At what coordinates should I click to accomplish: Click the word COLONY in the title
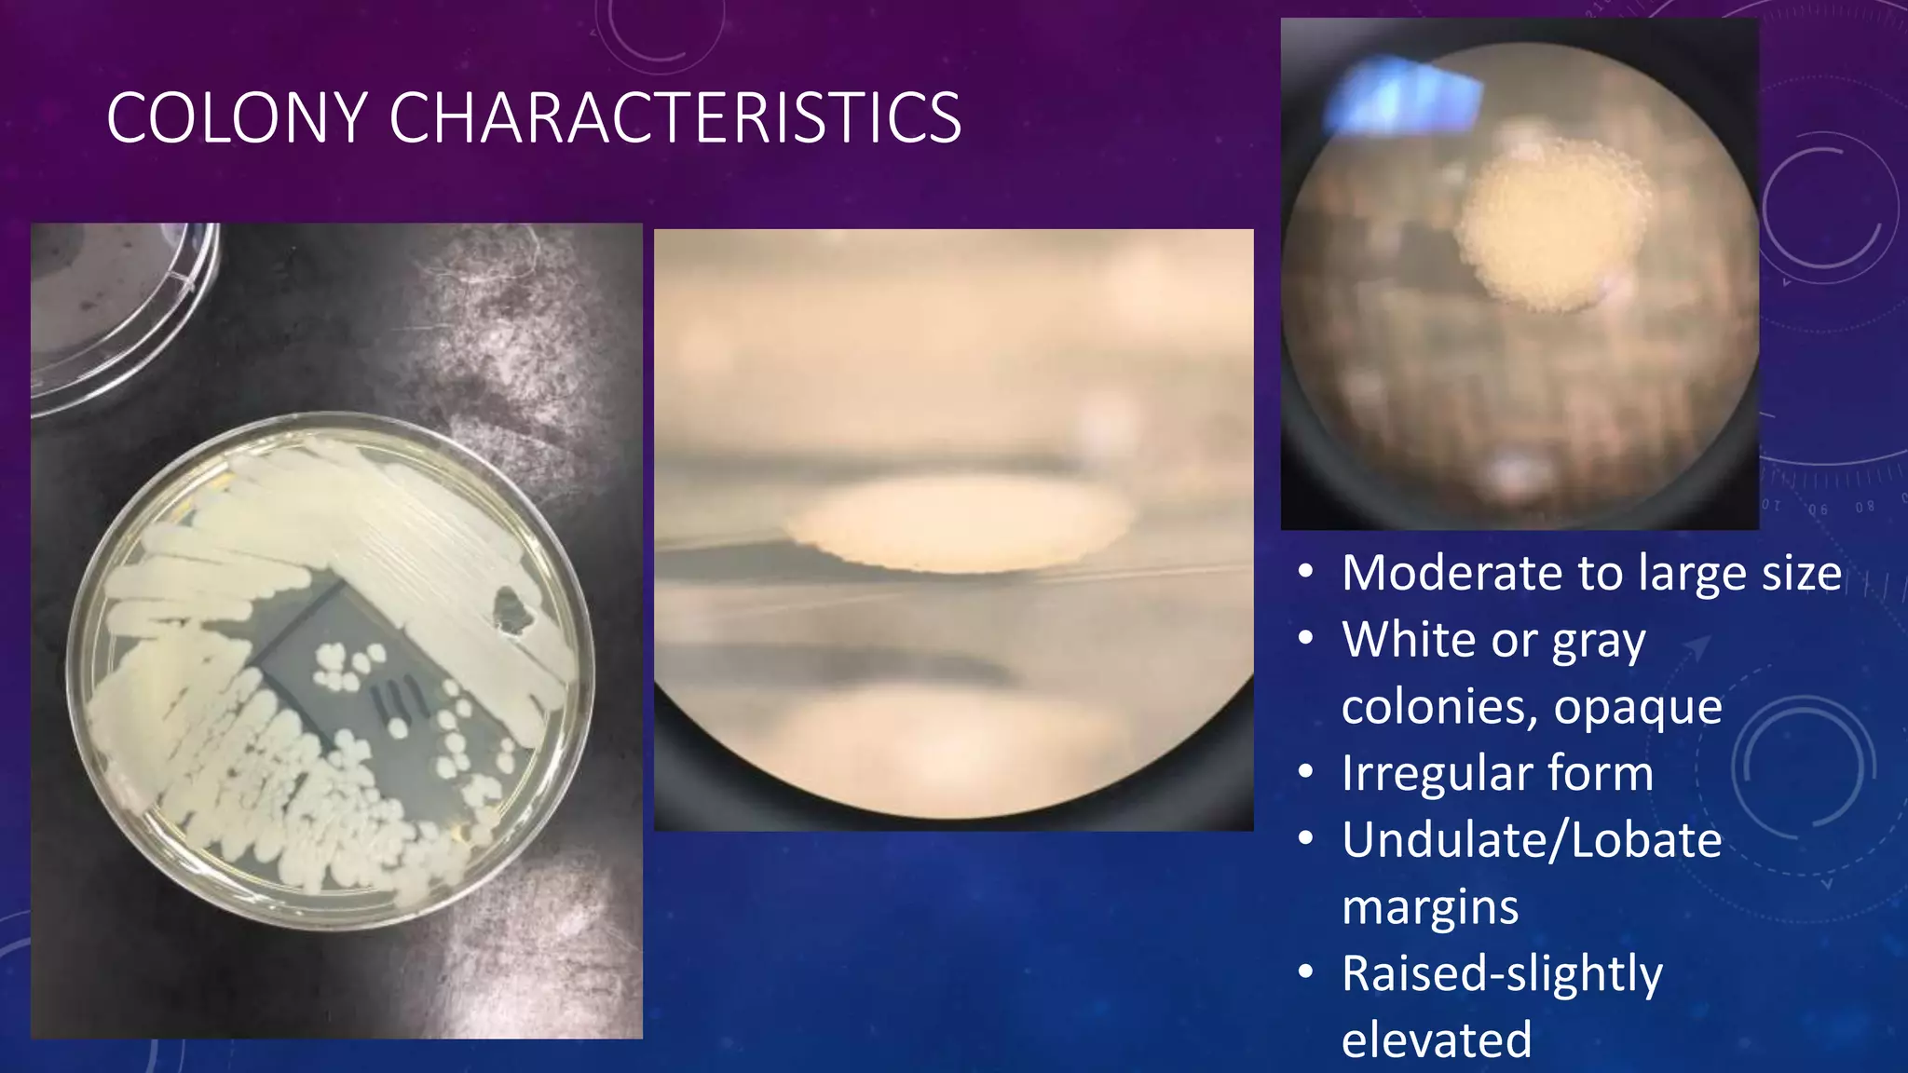click(237, 118)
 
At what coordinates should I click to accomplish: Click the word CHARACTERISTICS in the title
click(675, 118)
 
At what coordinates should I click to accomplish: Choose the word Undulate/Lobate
click(1532, 840)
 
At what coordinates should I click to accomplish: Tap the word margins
click(1430, 907)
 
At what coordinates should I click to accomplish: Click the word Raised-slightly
click(1502, 974)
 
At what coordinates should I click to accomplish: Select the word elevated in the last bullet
click(1437, 1040)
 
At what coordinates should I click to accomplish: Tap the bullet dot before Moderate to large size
click(1306, 572)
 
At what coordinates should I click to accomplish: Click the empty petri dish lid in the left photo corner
click(112, 307)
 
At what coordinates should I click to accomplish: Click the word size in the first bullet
click(1801, 573)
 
